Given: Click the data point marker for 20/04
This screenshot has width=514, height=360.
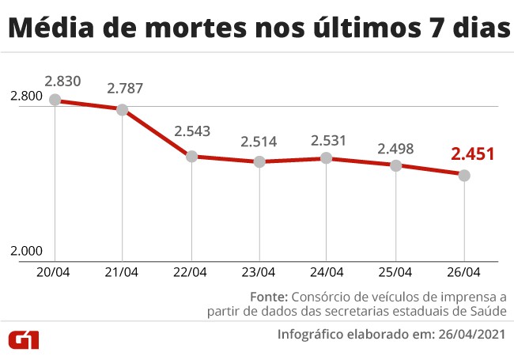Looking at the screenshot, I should [55, 100].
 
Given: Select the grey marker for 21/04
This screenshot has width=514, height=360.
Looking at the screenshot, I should [123, 109].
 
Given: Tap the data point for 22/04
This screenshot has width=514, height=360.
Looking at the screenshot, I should [191, 157].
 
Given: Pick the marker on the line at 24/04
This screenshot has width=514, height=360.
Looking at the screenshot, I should [327, 158].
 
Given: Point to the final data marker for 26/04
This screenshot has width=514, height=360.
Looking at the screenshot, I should [464, 175].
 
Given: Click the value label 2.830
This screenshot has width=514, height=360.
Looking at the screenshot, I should [62, 81].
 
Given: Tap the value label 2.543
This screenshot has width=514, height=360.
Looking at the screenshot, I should [192, 131].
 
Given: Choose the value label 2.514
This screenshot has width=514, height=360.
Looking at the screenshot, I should [259, 142].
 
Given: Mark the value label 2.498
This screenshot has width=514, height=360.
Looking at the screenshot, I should [395, 148].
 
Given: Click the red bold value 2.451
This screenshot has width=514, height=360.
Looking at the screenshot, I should [472, 153].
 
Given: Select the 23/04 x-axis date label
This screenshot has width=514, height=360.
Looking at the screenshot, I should [259, 272].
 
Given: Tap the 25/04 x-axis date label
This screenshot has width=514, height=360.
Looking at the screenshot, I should [395, 272].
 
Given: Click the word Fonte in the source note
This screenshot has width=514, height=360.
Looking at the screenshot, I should [269, 297].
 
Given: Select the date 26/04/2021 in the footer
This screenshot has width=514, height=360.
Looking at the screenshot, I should [471, 335].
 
